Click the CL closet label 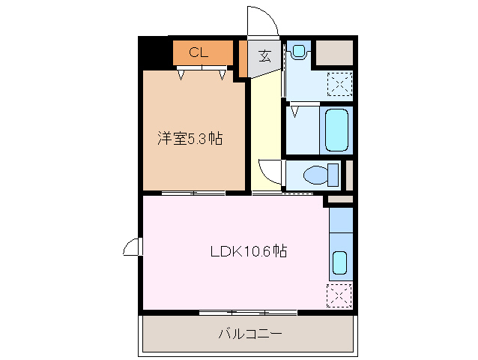[x=198, y=52]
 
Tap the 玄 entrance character [x=264, y=55]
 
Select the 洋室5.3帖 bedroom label [x=190, y=139]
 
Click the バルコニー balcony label [x=250, y=334]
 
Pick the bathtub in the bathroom [x=337, y=129]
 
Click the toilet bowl [x=318, y=175]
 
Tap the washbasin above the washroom [x=299, y=51]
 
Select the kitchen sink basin [x=339, y=263]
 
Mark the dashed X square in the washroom [x=339, y=83]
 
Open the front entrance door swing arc [x=261, y=19]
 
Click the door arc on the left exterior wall [x=132, y=247]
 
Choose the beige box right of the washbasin [x=333, y=52]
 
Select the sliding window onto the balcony [x=248, y=312]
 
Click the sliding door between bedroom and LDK [x=193, y=193]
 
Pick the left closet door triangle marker [x=182, y=74]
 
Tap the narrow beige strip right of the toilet [x=348, y=175]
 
